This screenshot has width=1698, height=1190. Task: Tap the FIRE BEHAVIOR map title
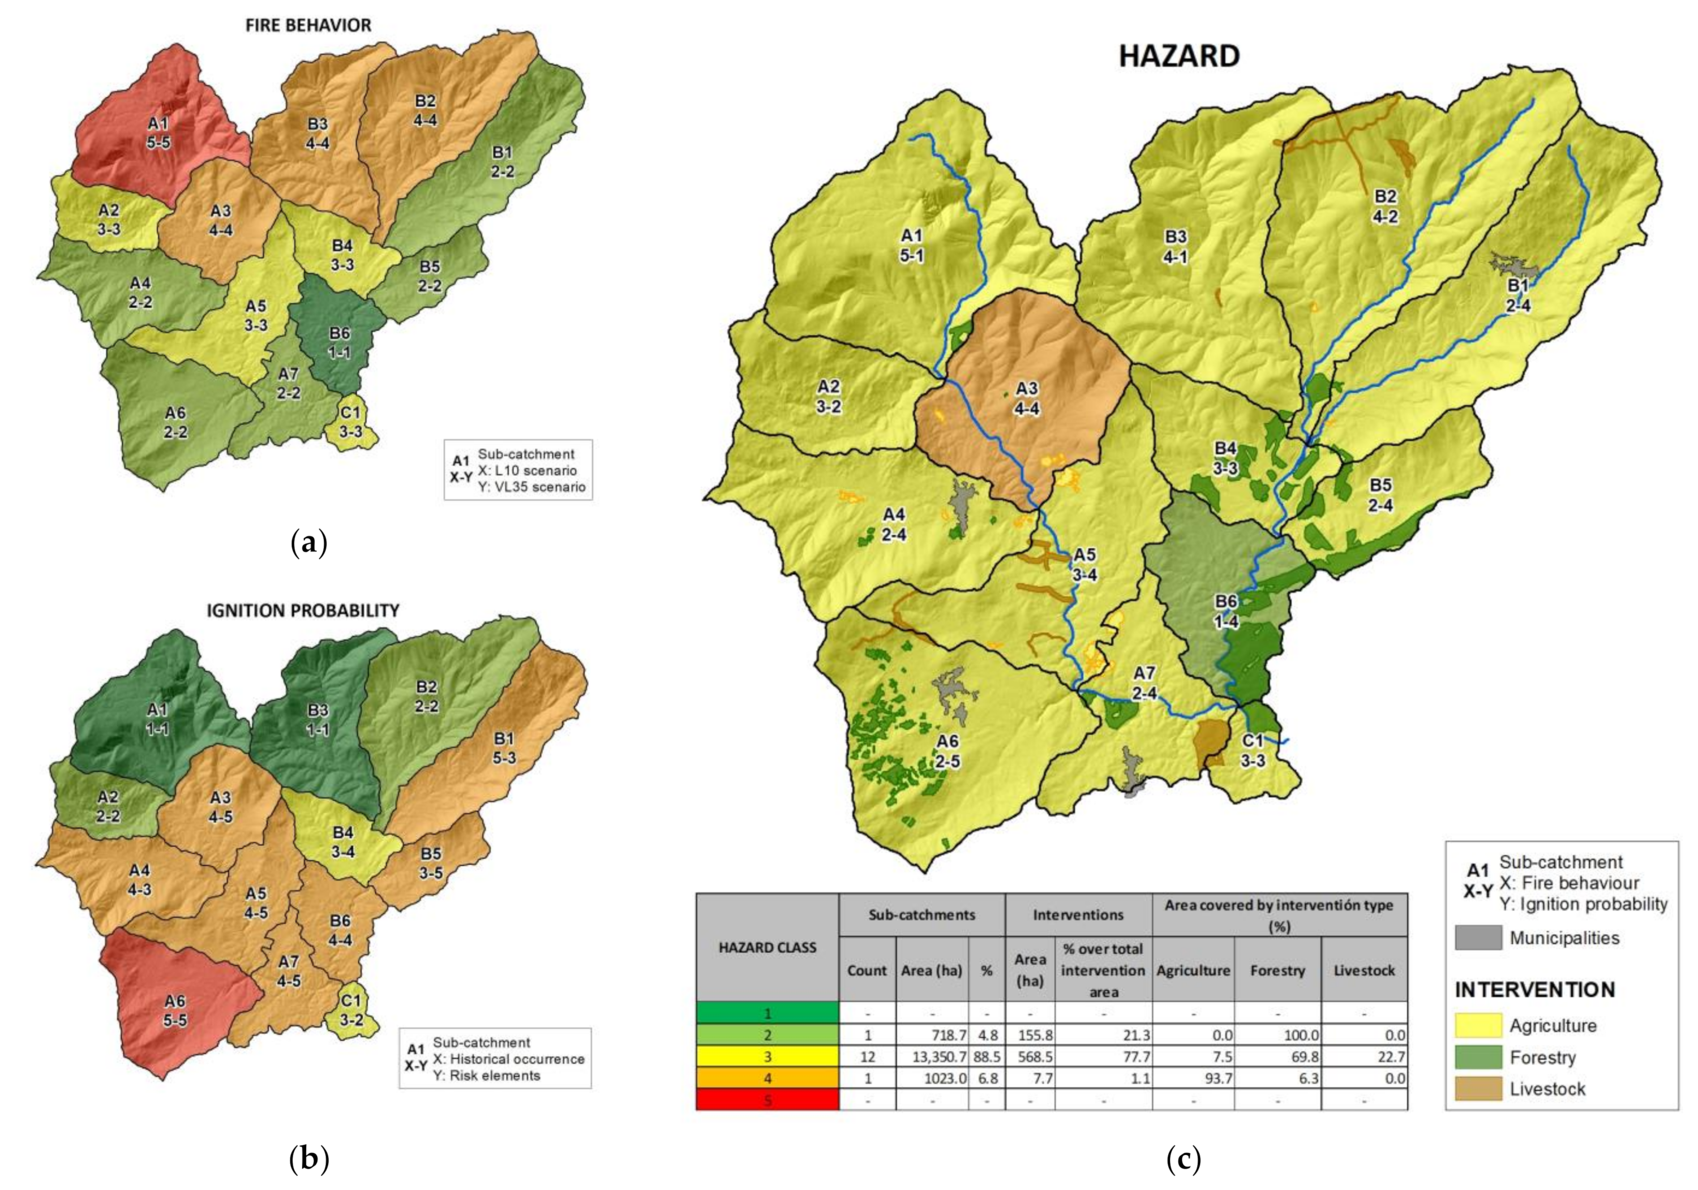[308, 25]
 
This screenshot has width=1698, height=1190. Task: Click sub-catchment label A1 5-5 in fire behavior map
[158, 132]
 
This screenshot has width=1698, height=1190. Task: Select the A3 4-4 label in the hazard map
[1027, 398]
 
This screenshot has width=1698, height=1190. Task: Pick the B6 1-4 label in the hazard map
[1226, 612]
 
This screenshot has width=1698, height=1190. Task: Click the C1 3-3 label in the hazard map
[1253, 750]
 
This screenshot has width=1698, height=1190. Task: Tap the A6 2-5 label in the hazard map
[947, 751]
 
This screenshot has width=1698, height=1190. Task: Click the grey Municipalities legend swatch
[1478, 938]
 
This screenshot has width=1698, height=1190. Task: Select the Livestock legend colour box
[1478, 1089]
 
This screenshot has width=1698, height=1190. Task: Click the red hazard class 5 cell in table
[767, 1100]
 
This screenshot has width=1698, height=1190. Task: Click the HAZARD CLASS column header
[767, 947]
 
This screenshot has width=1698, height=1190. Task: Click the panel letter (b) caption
[308, 1159]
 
